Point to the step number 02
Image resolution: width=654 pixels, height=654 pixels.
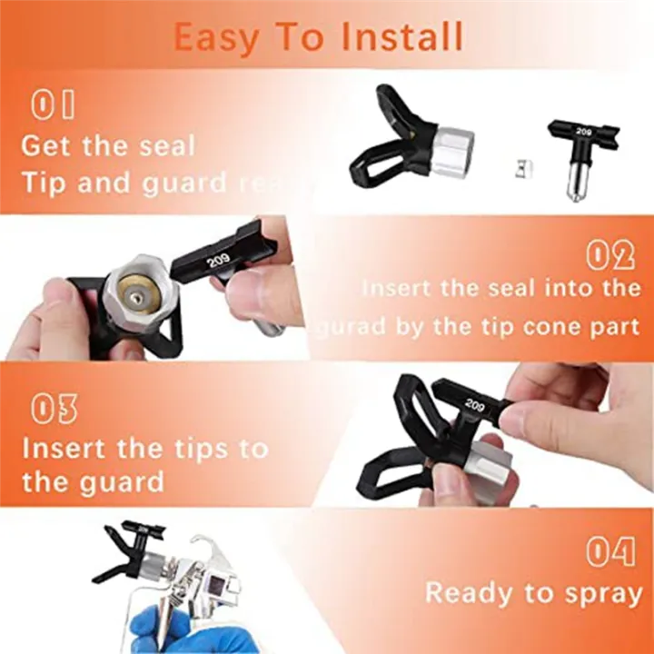[x=609, y=256]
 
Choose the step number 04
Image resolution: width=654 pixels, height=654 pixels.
[x=609, y=551]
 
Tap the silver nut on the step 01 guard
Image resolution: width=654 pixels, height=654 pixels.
[x=451, y=152]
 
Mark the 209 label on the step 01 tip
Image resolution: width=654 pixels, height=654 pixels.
[x=583, y=133]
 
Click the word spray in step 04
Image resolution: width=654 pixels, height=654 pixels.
[x=595, y=594]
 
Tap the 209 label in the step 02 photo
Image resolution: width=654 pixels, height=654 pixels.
[x=218, y=260]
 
